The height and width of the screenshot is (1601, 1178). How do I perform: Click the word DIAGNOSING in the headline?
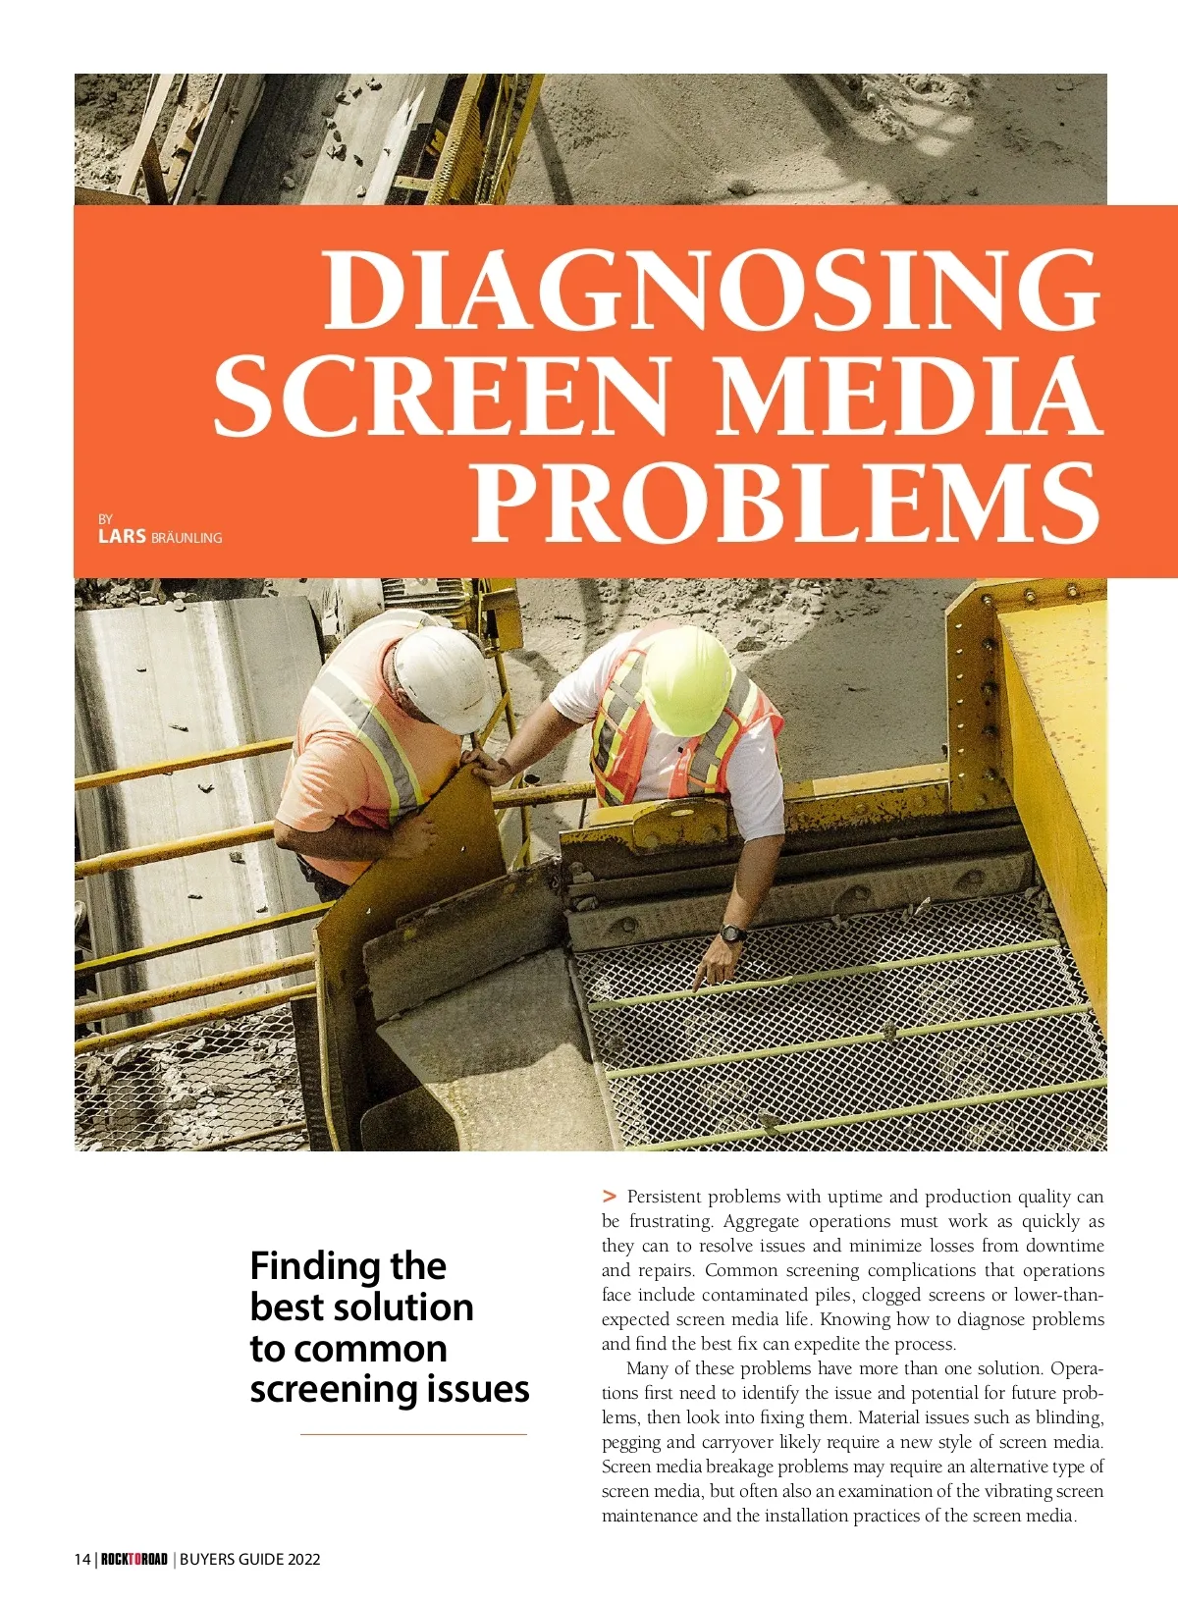tap(712, 290)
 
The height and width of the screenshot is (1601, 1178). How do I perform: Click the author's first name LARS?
tap(122, 536)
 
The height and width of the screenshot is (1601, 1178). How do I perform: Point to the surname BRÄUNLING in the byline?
tap(187, 538)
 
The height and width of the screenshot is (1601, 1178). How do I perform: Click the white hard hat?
tap(444, 676)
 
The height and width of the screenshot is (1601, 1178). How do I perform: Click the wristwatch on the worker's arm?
tap(732, 933)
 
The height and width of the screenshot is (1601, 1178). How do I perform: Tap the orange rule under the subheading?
tap(413, 1434)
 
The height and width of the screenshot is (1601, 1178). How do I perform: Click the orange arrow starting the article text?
tap(610, 1196)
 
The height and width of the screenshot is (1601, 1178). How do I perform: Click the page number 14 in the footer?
tap(82, 1559)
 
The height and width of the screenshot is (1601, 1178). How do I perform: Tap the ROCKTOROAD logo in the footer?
tap(134, 1559)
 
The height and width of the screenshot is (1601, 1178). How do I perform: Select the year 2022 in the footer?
tap(303, 1559)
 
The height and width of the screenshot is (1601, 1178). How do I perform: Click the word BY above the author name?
tap(105, 518)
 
